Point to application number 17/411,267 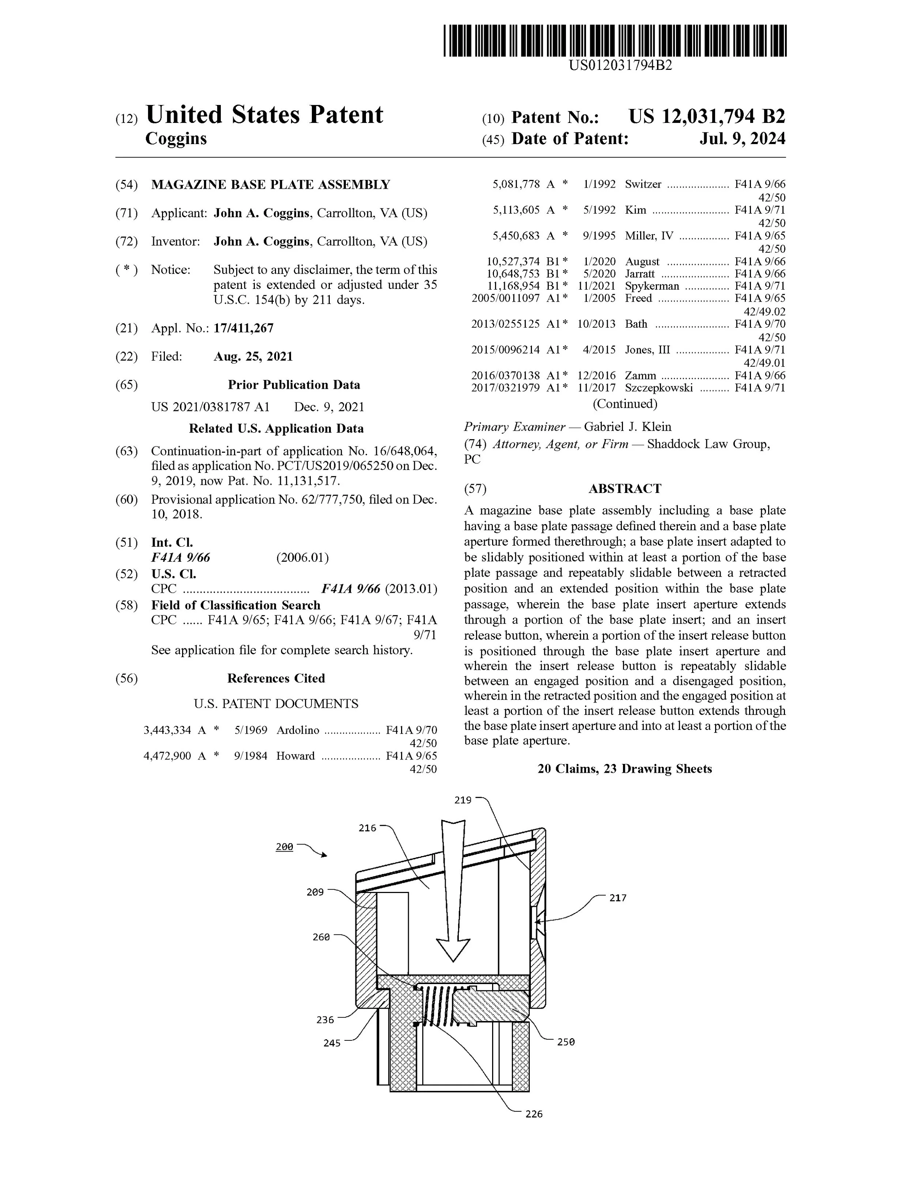click(x=243, y=328)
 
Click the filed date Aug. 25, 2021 click(x=253, y=357)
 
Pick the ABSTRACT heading click(x=625, y=489)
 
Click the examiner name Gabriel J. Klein click(x=628, y=427)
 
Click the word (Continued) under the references click(x=625, y=404)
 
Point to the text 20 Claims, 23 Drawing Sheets click(x=624, y=769)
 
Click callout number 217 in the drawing click(x=618, y=898)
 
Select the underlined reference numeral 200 click(x=284, y=847)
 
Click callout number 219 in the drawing click(x=463, y=800)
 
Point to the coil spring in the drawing click(x=437, y=1007)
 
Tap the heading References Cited click(x=276, y=679)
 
